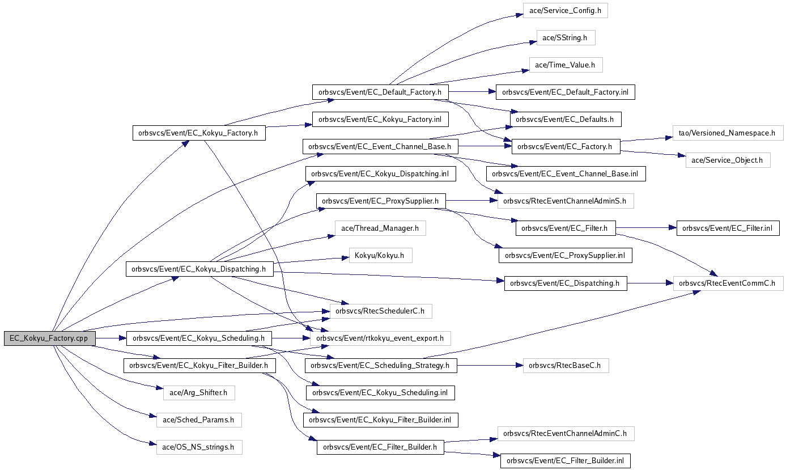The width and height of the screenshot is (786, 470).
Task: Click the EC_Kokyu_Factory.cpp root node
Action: coord(49,338)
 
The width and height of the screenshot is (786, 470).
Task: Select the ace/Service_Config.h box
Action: coord(565,11)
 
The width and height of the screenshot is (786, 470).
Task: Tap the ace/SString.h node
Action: coord(566,38)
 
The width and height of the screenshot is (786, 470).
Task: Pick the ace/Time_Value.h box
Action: coord(565,65)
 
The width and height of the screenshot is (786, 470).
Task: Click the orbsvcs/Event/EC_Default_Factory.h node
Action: coord(380,92)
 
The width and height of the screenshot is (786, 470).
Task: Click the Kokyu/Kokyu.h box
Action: coord(380,256)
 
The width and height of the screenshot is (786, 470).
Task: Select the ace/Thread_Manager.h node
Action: coord(380,228)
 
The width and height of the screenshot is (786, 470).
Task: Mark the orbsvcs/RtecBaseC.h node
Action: coord(565,366)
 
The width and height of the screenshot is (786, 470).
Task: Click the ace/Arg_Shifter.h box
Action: coord(195,392)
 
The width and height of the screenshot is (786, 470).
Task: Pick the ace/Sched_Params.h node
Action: coord(198,420)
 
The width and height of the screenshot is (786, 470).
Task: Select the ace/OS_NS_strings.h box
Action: coord(198,447)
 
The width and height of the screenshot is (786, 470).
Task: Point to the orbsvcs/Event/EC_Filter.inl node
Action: coord(728,228)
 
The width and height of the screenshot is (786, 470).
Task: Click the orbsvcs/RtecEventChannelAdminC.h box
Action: coord(565,434)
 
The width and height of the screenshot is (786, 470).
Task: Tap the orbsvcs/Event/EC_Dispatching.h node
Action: coord(565,283)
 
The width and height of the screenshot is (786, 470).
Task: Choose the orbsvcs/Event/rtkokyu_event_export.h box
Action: coord(380,338)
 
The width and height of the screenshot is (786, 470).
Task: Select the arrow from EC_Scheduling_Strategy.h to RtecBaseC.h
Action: coord(490,366)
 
